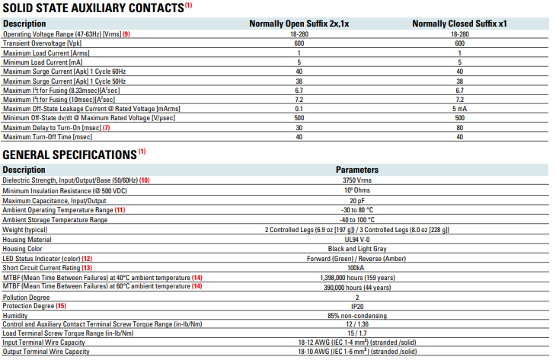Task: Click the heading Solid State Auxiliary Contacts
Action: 94,8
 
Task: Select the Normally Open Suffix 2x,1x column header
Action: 299,24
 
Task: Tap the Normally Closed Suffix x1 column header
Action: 459,24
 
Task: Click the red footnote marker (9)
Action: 126,34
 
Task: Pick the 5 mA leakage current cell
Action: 459,109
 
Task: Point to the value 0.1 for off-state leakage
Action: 299,109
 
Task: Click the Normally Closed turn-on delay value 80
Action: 459,128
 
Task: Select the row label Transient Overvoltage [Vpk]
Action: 42,43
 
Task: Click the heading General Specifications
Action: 69,155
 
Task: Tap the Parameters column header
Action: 357,170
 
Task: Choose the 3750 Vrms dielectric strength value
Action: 357,180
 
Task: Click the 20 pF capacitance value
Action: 357,201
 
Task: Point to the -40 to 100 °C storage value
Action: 357,220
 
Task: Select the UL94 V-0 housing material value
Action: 357,240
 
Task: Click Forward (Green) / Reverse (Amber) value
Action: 356,259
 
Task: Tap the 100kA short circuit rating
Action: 356,268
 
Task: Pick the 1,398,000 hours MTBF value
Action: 357,278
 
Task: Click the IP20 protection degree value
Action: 357,307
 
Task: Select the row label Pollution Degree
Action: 26,298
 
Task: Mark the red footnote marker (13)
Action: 87,268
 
